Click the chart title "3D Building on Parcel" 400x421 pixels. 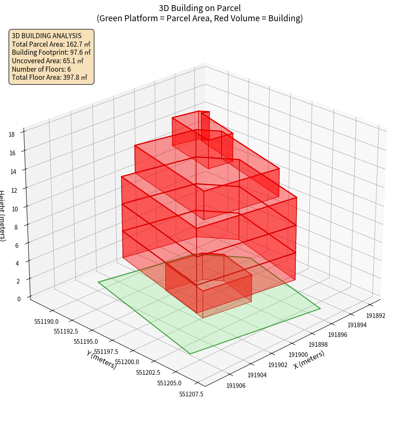(200, 8)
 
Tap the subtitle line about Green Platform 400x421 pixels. (200, 18)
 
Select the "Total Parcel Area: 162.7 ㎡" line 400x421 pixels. (51, 44)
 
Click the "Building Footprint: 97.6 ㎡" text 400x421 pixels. (51, 52)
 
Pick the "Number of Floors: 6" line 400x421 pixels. (42, 69)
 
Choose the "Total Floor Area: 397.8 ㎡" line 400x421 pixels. (50, 77)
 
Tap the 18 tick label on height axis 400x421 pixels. (11, 135)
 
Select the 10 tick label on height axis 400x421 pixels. (15, 209)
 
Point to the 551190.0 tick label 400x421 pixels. (47, 322)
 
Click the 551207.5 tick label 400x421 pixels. (191, 394)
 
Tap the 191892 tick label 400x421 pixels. (376, 316)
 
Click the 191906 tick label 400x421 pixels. (236, 386)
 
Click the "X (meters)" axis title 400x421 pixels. (309, 359)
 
